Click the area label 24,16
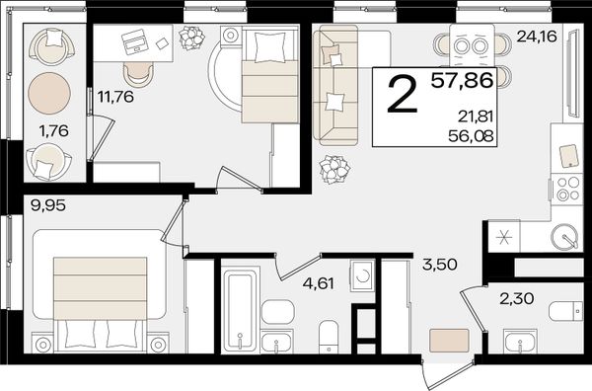click(537, 37)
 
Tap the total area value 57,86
click(462, 80)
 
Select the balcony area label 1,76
click(53, 131)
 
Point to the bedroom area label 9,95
click(48, 206)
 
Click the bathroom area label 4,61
click(319, 283)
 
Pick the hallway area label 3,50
click(440, 265)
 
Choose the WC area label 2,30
click(516, 299)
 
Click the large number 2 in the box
click(404, 94)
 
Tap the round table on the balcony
click(49, 93)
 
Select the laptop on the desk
click(134, 41)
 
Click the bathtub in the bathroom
click(240, 309)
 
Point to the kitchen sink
click(564, 237)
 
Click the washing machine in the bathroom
click(363, 275)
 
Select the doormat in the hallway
click(449, 341)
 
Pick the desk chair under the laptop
click(138, 74)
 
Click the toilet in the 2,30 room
click(565, 311)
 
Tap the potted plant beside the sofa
click(334, 169)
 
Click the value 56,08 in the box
click(471, 135)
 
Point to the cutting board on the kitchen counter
click(569, 156)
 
